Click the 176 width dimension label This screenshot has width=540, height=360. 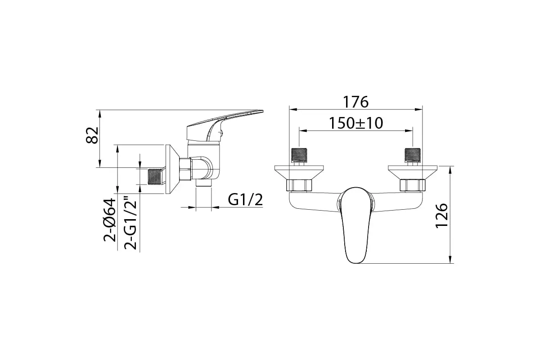[x=355, y=102]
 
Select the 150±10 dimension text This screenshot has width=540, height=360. [x=356, y=123]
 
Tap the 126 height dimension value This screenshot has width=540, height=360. [x=441, y=215]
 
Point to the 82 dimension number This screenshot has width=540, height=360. [x=92, y=135]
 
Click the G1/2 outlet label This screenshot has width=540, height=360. [x=245, y=200]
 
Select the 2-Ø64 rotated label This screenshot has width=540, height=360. [x=110, y=220]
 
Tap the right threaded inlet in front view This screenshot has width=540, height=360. [x=413, y=156]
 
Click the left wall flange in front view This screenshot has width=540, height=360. [x=299, y=172]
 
